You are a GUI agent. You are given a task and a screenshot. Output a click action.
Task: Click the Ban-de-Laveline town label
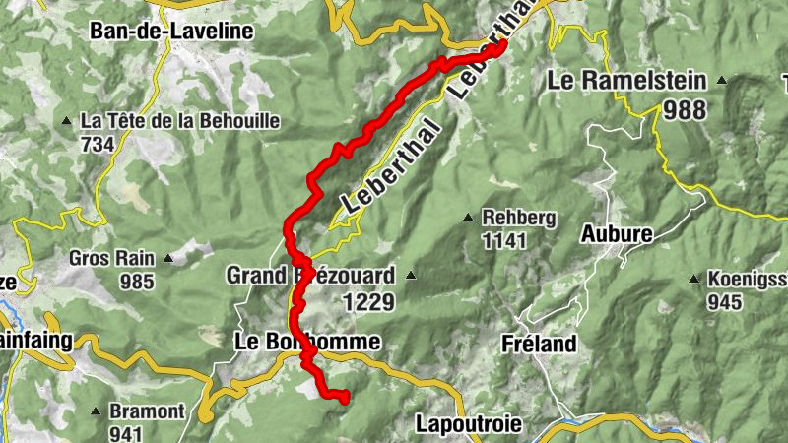(171, 32)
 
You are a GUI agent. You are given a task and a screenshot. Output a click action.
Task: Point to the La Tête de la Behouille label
(180, 121)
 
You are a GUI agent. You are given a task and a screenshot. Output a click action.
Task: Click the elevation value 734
(98, 144)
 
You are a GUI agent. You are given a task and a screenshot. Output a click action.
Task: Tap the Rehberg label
(519, 218)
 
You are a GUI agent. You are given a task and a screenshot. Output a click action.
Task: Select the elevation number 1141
(504, 239)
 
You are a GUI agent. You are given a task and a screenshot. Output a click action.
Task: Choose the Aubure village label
(617, 234)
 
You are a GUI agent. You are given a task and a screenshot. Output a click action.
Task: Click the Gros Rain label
(111, 259)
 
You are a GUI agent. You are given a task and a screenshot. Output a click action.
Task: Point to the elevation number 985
(137, 282)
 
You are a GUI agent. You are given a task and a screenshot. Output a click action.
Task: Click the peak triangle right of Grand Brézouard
(411, 276)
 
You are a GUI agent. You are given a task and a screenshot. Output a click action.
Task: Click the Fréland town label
(538, 344)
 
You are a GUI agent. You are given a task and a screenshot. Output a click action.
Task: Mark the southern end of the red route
(345, 398)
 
